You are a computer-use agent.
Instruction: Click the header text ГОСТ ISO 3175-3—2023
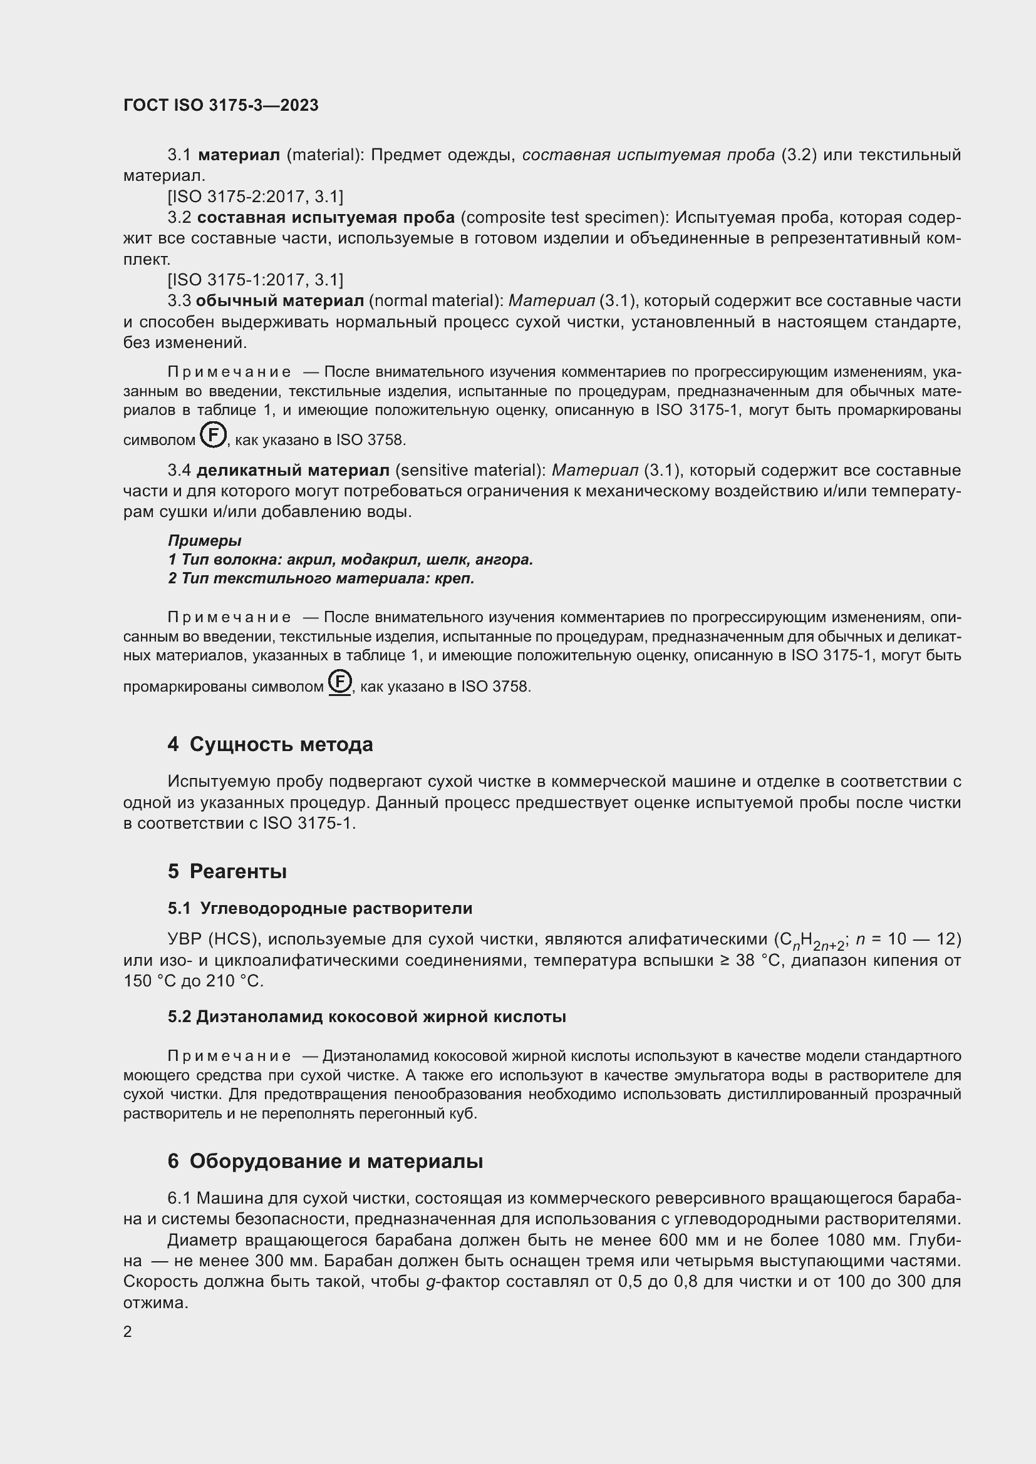click(220, 106)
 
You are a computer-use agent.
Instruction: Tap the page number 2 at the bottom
click(128, 1331)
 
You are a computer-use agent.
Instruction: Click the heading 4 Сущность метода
click(271, 744)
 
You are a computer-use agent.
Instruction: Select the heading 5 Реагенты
click(227, 871)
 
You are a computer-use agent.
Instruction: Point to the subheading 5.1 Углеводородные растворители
click(319, 908)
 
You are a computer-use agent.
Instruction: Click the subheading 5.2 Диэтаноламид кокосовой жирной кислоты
click(367, 1016)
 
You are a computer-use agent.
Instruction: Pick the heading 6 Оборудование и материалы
click(325, 1161)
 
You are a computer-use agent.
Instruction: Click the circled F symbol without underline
click(213, 436)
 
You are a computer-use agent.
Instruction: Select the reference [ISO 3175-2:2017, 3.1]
click(255, 197)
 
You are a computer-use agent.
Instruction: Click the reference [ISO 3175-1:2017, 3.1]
click(255, 280)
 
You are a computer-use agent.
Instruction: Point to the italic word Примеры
click(204, 541)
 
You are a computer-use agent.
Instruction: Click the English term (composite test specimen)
click(564, 217)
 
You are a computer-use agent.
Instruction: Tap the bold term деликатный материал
click(293, 471)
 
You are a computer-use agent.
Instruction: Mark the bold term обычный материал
click(279, 301)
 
